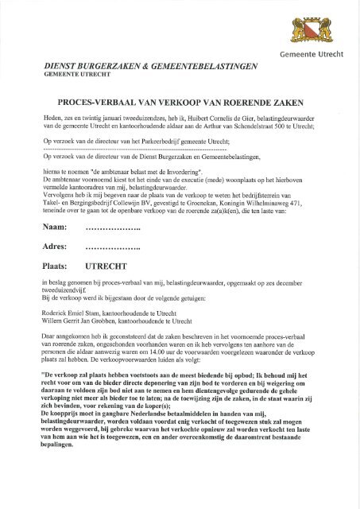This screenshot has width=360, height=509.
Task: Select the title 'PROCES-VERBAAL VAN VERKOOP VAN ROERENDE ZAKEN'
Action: [x=180, y=103]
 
